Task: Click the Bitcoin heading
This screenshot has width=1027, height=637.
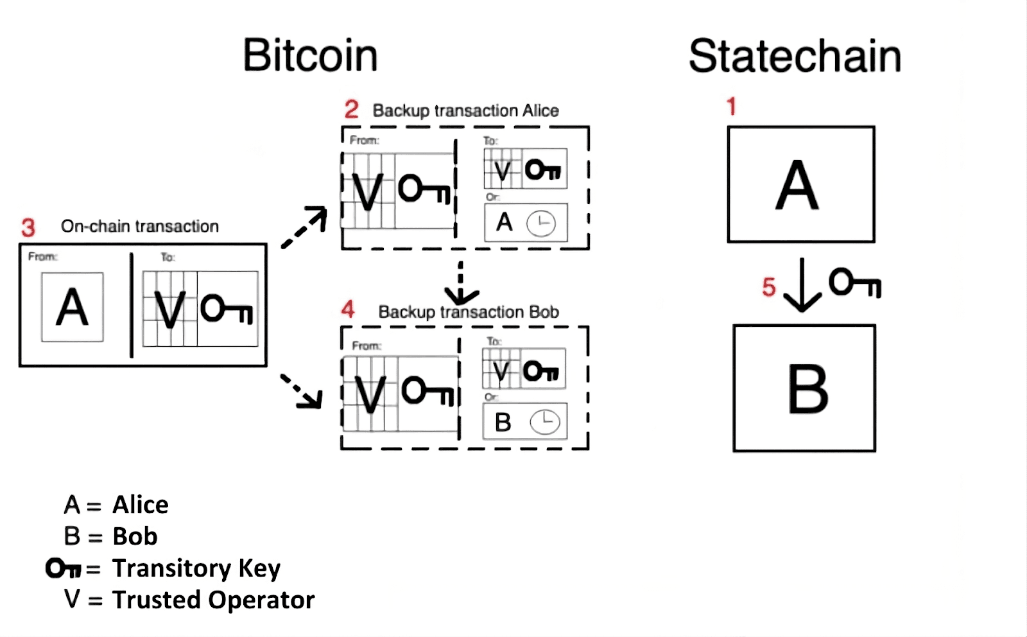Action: click(x=310, y=55)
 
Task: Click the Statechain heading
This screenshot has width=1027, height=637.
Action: click(x=795, y=57)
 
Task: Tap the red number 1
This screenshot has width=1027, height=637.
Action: click(x=731, y=106)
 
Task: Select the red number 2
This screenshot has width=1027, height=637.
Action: click(x=351, y=109)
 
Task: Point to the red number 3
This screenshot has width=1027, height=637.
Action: click(x=28, y=227)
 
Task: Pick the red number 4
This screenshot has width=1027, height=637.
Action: click(x=348, y=310)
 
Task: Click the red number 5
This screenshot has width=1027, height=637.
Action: click(x=769, y=286)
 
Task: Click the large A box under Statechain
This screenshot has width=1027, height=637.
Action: click(x=800, y=184)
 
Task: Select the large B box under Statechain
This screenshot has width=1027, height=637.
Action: click(x=804, y=388)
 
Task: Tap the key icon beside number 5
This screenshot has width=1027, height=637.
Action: click(x=854, y=283)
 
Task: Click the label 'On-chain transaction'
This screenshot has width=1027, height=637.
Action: click(x=140, y=226)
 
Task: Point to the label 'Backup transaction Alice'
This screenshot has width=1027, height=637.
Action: click(x=465, y=110)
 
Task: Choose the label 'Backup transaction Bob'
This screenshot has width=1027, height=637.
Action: click(x=469, y=312)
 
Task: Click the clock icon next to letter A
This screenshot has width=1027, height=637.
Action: click(x=540, y=223)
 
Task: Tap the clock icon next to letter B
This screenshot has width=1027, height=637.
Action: click(x=544, y=422)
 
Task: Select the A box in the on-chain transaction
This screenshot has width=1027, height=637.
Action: click(x=73, y=307)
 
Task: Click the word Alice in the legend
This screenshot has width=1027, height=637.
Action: click(x=141, y=505)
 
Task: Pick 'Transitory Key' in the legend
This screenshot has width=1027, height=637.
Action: click(x=196, y=568)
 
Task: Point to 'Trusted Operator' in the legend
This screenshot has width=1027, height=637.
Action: click(x=213, y=600)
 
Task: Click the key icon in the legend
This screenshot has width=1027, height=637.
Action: click(x=63, y=568)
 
